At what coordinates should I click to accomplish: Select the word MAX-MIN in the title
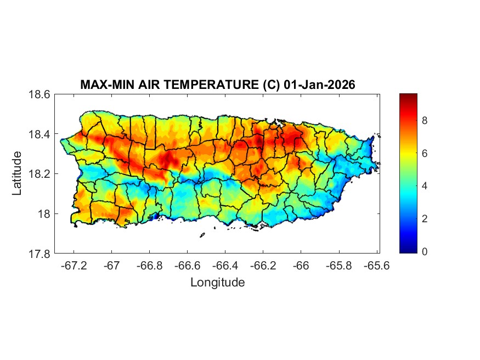click(104, 85)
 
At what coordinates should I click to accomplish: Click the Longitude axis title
click(217, 283)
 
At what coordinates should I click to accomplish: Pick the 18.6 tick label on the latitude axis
click(40, 94)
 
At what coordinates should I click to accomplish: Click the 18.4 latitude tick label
click(40, 134)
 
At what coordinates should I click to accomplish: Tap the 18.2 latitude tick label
click(40, 174)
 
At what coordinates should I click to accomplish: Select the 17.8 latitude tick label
click(40, 254)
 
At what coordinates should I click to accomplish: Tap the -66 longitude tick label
click(301, 266)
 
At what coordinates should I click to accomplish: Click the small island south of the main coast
click(202, 235)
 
